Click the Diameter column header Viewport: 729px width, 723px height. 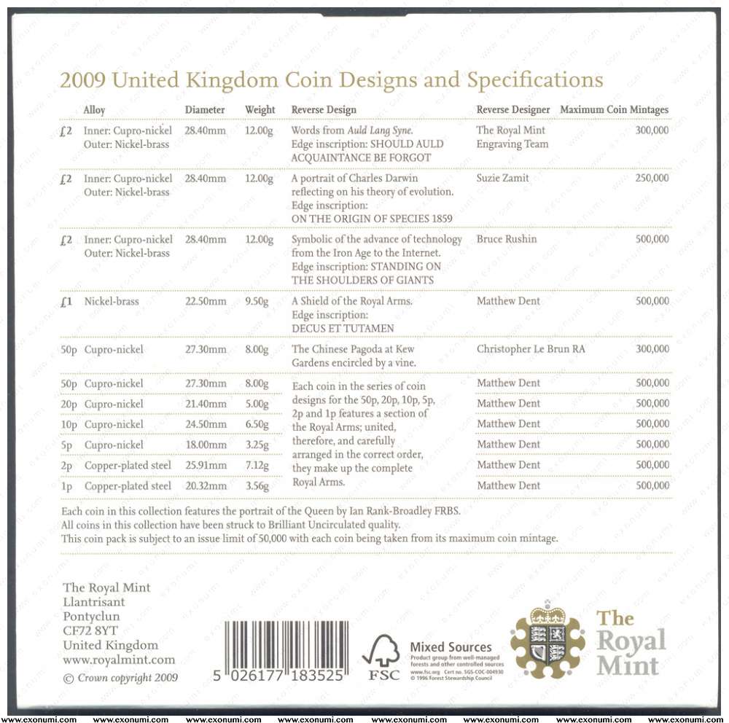click(x=205, y=110)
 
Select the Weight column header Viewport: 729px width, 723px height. click(x=260, y=110)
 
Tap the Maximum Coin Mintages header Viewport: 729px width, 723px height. click(x=614, y=110)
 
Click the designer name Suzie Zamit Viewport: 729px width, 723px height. click(x=503, y=179)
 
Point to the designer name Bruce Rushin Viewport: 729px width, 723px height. click(x=507, y=240)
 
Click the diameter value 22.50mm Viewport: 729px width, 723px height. click(x=206, y=301)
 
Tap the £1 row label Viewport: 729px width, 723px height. click(x=66, y=301)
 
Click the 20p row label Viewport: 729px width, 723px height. click(x=69, y=405)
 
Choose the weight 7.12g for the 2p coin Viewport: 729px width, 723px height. click(x=257, y=466)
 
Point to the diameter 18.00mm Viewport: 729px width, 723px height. click(x=206, y=445)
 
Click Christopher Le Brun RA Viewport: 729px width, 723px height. click(x=531, y=350)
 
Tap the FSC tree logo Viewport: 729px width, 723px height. click(x=381, y=656)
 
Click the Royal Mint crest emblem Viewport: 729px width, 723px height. click(x=547, y=638)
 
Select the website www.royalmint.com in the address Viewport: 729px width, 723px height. click(x=119, y=660)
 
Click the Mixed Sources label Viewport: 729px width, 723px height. click(x=451, y=647)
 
